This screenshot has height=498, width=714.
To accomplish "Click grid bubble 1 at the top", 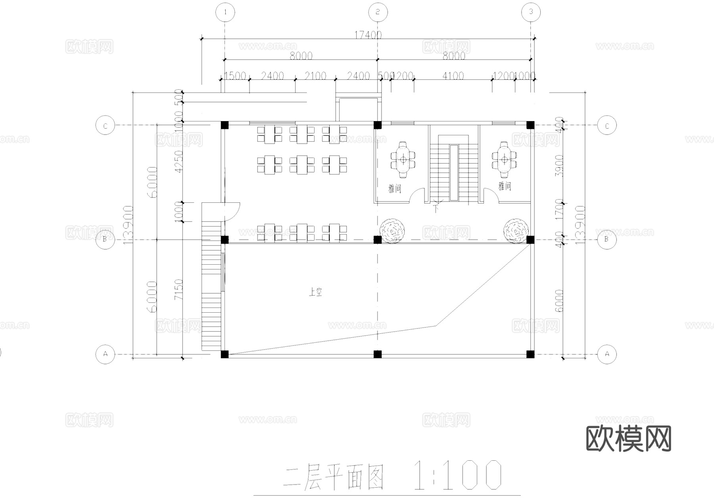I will click(225, 12).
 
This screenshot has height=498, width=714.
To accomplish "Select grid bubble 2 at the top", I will click(377, 12).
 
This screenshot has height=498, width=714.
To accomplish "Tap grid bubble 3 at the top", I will click(531, 12).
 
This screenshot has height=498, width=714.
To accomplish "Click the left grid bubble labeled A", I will click(105, 354).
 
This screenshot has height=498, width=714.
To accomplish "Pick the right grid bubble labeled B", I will click(607, 239).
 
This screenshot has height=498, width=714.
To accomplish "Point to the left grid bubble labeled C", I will click(105, 126).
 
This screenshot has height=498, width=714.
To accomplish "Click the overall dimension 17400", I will click(368, 35).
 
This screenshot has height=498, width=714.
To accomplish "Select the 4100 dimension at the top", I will click(453, 76).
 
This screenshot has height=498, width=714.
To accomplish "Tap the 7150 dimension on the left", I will click(179, 290).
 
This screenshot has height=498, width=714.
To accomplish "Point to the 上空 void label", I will click(315, 292).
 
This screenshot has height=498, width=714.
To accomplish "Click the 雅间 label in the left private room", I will click(395, 188).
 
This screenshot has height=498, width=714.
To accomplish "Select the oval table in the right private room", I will click(504, 160).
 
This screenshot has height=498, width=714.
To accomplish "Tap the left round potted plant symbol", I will click(393, 231).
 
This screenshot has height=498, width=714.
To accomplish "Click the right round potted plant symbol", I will click(516, 230).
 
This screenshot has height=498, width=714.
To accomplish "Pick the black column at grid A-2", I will click(378, 354).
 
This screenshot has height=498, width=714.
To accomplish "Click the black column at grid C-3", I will click(530, 125).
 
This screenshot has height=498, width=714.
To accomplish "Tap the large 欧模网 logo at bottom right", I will click(628, 438).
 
